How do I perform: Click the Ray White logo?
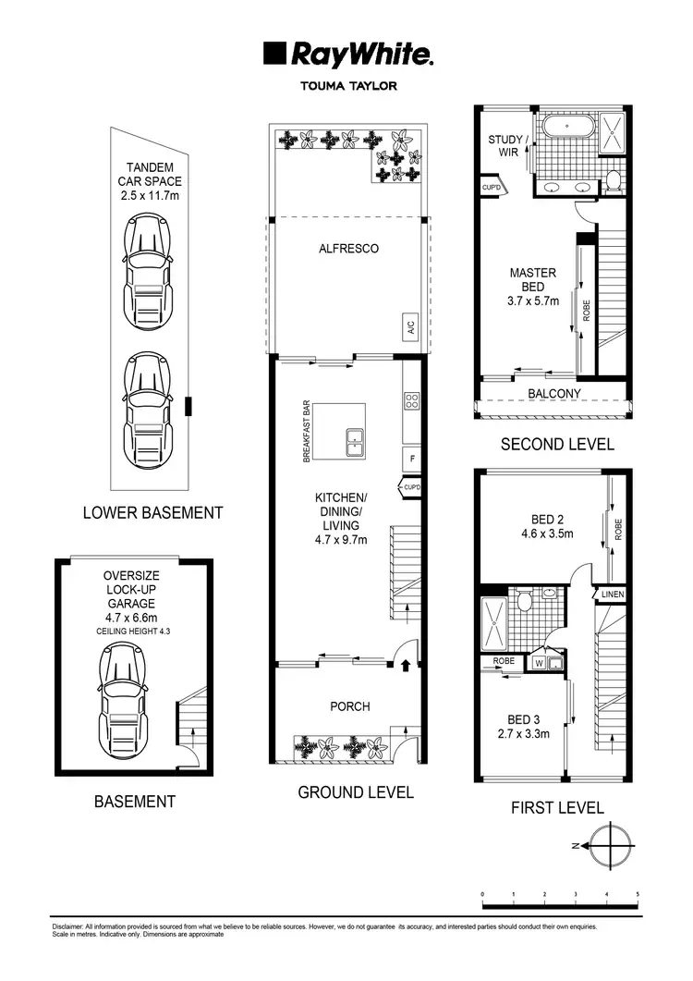click(347, 55)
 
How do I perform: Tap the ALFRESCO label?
click(348, 249)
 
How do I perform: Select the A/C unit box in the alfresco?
click(408, 327)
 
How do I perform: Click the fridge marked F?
click(413, 458)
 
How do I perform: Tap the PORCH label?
click(349, 706)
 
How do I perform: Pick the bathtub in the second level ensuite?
click(563, 127)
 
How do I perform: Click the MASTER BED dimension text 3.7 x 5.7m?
click(534, 300)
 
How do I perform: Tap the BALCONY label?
click(554, 393)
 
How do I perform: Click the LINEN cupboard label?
click(614, 595)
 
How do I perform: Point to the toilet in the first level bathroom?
click(525, 603)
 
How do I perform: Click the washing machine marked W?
click(539, 662)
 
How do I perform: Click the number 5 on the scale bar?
click(638, 894)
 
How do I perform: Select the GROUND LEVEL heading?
click(355, 792)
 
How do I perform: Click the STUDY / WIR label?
click(507, 146)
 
